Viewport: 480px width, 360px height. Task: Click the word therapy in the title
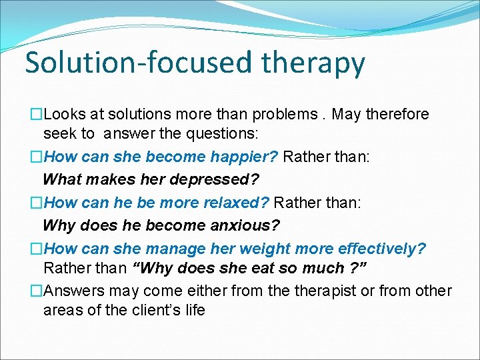[x=313, y=63]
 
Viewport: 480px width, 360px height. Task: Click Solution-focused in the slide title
[x=138, y=63]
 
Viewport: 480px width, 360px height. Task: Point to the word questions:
[x=221, y=133]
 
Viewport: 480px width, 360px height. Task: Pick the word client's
[x=153, y=310]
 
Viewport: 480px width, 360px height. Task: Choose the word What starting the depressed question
[x=60, y=179]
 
